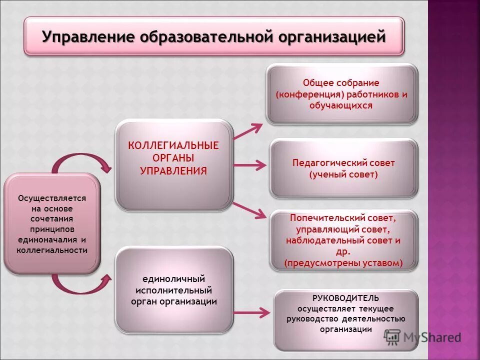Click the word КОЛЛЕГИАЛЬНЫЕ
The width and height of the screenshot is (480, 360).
click(x=173, y=145)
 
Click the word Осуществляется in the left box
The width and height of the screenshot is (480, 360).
click(x=52, y=198)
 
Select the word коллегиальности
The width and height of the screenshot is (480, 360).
click(x=52, y=250)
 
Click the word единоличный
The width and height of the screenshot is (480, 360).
click(x=173, y=279)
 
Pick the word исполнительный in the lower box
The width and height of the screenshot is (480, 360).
click(x=173, y=290)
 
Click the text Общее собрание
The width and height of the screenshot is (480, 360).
click(x=341, y=82)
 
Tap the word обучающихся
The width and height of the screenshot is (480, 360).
click(x=341, y=105)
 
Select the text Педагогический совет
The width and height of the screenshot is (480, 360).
click(x=343, y=163)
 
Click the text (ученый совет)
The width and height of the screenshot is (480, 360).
click(x=343, y=174)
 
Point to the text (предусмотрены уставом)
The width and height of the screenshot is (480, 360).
click(x=343, y=262)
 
